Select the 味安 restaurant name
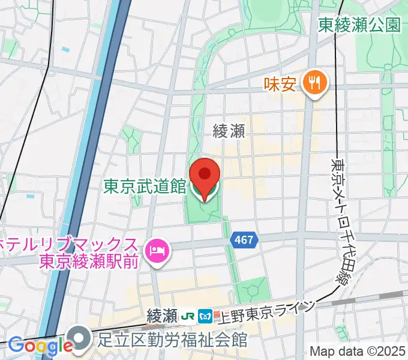(280, 84)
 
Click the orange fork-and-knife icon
(313, 83)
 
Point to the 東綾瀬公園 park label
(359, 25)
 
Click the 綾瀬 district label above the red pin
(229, 131)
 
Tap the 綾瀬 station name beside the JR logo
(161, 315)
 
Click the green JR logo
(188, 315)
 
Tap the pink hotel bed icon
(158, 248)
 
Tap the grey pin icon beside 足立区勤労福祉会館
(79, 338)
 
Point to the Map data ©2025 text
(358, 351)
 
